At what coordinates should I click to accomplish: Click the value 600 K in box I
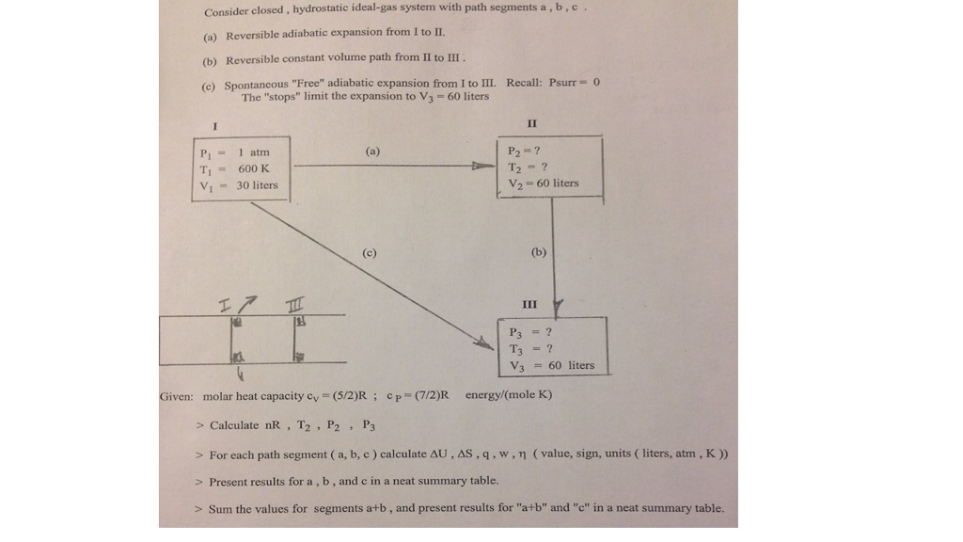(254, 168)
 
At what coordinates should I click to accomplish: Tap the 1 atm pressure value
(254, 152)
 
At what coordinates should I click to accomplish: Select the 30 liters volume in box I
(258, 185)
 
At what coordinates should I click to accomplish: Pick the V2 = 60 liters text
(544, 183)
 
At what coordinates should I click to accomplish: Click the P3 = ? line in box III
(530, 332)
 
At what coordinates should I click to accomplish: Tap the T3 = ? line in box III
(530, 349)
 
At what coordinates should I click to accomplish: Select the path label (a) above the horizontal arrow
(372, 151)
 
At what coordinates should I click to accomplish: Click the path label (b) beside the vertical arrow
(539, 252)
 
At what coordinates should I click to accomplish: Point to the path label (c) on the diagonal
(369, 252)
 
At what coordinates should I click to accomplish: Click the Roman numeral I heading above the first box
(215, 127)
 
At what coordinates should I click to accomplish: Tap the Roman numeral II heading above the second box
(532, 123)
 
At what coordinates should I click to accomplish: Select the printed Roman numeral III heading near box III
(529, 304)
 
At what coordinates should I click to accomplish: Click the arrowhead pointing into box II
(484, 166)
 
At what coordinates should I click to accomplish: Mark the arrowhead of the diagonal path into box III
(484, 343)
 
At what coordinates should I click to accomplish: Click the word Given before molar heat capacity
(176, 396)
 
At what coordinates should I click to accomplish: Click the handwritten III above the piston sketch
(294, 304)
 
